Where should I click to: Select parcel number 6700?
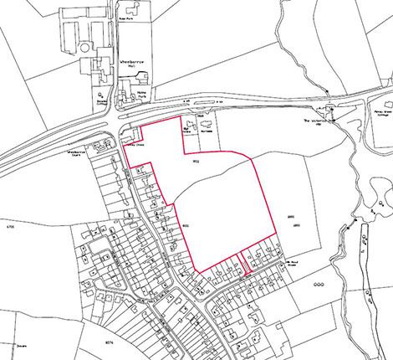[x=10, y=227]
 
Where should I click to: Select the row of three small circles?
[x=317, y=285]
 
